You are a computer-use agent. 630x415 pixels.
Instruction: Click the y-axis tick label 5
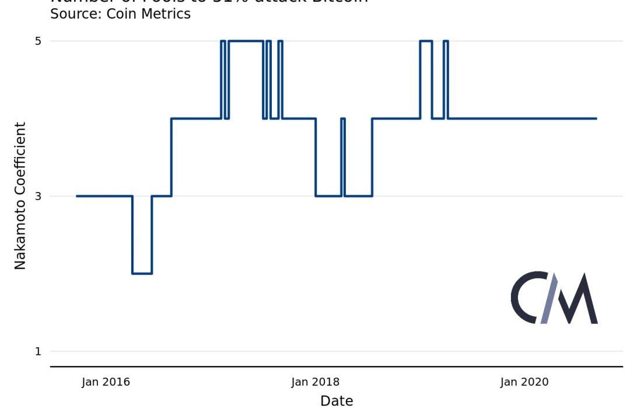point(38,41)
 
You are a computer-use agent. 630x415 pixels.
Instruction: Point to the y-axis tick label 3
point(38,196)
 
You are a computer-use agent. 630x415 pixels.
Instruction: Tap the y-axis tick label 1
point(38,351)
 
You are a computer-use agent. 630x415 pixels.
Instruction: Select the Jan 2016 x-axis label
point(106,382)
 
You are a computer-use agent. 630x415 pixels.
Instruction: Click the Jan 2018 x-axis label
point(315,382)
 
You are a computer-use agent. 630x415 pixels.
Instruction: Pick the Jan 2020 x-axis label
point(524,382)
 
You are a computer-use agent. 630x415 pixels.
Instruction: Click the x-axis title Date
point(337,401)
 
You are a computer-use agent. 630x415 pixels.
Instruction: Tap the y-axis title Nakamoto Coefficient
point(20,196)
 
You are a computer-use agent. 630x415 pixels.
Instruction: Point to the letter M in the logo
point(575,299)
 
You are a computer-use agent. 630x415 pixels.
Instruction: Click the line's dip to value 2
point(142,273)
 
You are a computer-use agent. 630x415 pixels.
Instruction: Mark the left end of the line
point(77,196)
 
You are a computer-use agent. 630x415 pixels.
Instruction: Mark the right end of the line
point(596,118)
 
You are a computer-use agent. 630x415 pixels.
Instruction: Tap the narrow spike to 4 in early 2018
point(343,119)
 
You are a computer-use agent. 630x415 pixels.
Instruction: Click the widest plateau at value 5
point(246,41)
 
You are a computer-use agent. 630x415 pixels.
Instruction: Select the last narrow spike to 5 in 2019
point(446,41)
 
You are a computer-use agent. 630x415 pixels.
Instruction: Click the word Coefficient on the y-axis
point(20,158)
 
